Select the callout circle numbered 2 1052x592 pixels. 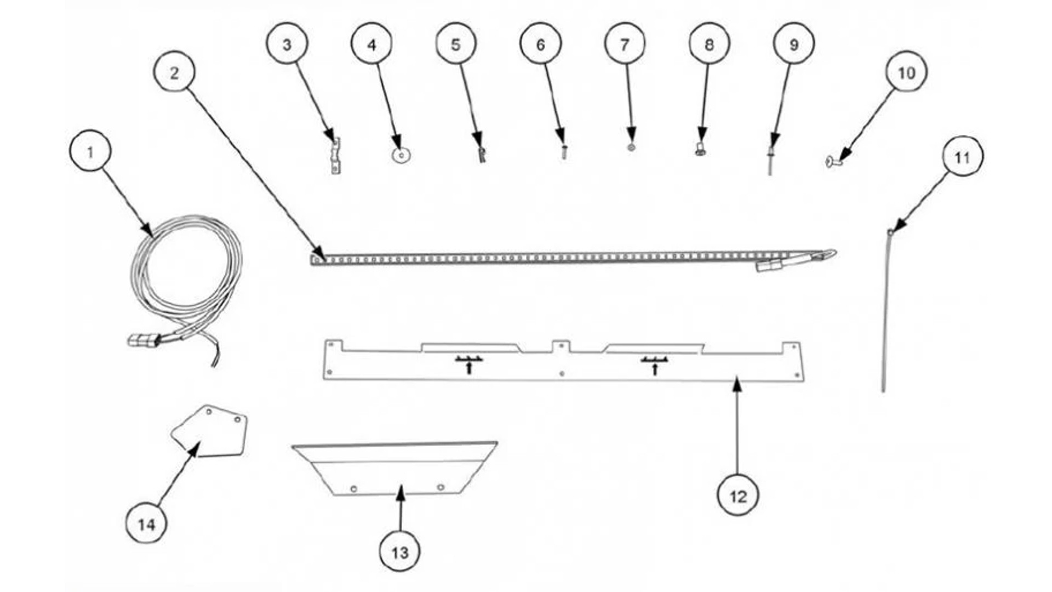(174, 72)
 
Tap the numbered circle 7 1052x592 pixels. (625, 44)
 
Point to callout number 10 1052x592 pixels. (906, 72)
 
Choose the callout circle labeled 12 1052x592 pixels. (738, 496)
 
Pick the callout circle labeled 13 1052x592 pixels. (400, 551)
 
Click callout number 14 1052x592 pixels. (146, 524)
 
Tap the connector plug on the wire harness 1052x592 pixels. (144, 341)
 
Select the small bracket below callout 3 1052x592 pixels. (335, 156)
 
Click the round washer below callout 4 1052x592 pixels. (401, 156)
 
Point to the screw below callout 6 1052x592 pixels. (563, 151)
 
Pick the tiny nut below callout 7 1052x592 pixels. (631, 147)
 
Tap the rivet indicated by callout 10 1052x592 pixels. (832, 161)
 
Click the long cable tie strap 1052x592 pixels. (885, 310)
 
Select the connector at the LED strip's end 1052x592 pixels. (770, 266)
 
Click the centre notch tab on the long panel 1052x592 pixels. (561, 347)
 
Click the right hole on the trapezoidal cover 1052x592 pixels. (441, 487)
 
